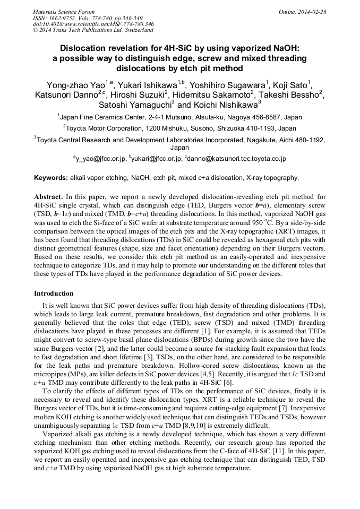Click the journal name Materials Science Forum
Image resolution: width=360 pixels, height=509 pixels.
coord(64,12)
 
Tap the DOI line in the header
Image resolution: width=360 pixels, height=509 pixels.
coord(93,24)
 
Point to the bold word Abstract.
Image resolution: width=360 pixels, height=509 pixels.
coord(48,197)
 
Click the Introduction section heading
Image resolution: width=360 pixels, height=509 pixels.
coord(54,294)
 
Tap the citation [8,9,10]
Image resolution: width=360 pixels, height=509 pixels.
coord(244,424)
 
